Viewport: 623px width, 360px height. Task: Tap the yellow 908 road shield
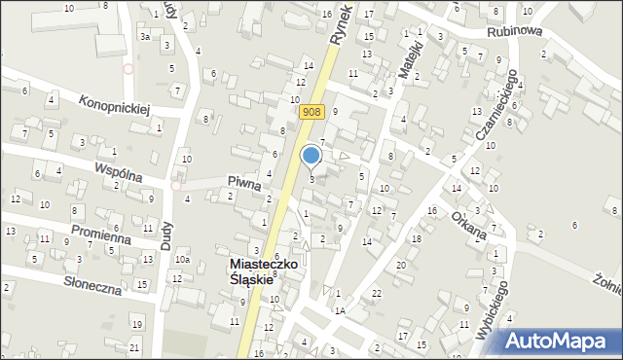[x=311, y=112]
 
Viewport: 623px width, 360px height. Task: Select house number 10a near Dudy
[x=182, y=260]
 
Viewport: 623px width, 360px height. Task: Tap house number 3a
[x=143, y=36]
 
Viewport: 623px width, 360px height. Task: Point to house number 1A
[x=340, y=310]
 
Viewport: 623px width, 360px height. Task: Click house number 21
[x=134, y=347]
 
